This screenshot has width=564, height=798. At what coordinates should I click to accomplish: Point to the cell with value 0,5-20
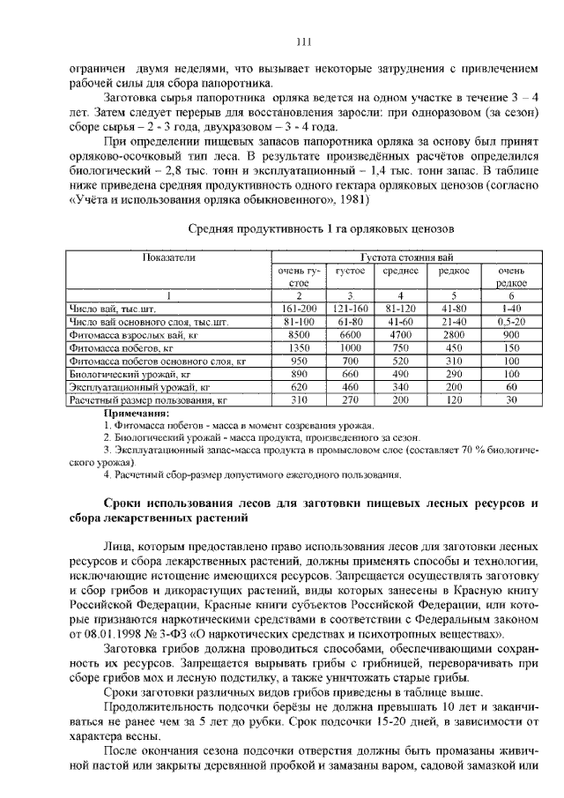tap(511, 322)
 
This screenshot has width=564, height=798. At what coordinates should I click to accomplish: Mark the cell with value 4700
tap(400, 335)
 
